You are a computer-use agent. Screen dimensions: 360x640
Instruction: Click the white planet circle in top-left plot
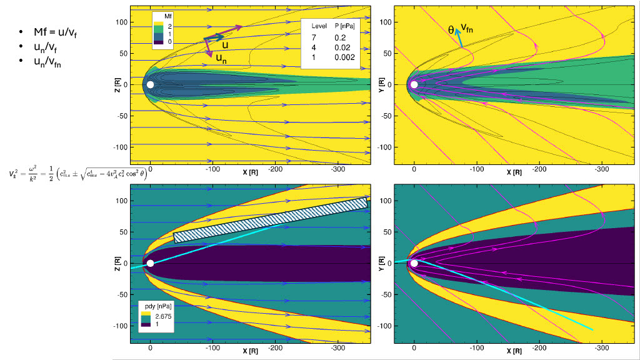[150, 84]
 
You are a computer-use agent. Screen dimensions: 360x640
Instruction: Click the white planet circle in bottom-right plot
[414, 263]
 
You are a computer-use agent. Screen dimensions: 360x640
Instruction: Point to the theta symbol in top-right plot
[451, 28]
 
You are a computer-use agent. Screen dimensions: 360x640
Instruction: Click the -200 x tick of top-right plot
[538, 169]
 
